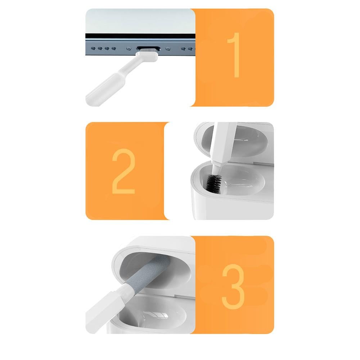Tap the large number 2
click(123, 171)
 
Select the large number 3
click(233, 287)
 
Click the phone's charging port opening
click(148, 49)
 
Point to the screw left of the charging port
click(129, 49)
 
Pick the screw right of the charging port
click(168, 49)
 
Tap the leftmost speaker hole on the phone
click(93, 49)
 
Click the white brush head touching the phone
click(147, 56)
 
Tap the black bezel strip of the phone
click(140, 36)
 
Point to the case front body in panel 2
click(232, 204)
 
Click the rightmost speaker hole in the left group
click(114, 49)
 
